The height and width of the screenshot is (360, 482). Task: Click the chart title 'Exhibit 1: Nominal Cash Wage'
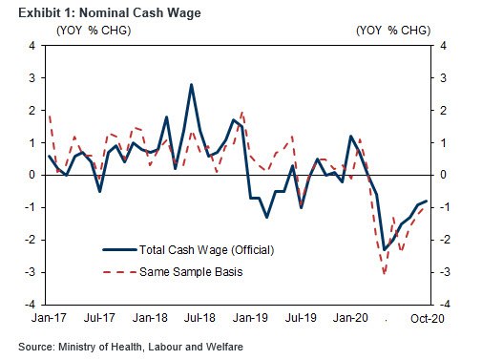tap(110, 13)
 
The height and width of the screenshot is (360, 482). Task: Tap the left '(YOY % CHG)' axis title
tap(94, 31)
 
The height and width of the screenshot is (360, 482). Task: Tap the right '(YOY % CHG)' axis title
tap(393, 31)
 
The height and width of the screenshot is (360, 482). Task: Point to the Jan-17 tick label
tap(49, 318)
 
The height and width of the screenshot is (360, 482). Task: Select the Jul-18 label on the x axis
tap(199, 318)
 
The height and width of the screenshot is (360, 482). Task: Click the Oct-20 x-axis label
tap(428, 318)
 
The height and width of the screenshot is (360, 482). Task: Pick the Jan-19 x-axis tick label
tap(250, 318)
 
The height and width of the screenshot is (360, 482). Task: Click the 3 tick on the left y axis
tap(32, 78)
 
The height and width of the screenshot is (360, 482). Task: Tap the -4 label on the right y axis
tap(445, 305)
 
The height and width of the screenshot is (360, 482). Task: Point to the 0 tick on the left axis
tap(32, 175)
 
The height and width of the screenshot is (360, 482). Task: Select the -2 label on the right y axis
tap(445, 240)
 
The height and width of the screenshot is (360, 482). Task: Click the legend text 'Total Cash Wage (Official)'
tap(207, 250)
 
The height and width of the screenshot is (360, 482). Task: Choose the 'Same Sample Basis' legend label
tap(191, 272)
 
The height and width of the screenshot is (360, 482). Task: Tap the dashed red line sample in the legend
tap(119, 272)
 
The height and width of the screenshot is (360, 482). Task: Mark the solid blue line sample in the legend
tap(119, 250)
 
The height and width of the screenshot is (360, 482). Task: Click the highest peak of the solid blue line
tap(191, 85)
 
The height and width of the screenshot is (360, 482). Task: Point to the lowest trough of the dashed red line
tap(385, 273)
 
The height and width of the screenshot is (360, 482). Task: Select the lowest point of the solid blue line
tap(385, 249)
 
